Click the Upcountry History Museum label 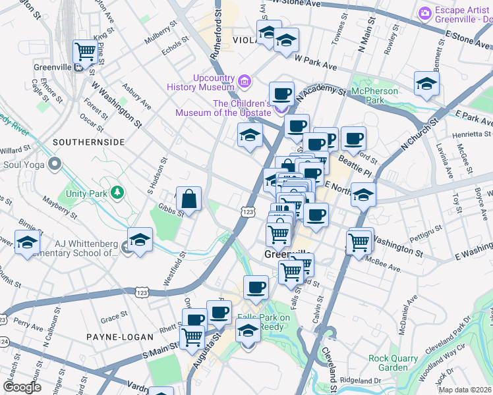tap(204, 82)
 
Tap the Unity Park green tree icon tap(117, 192)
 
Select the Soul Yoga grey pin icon tap(55, 163)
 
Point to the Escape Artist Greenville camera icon tap(425, 12)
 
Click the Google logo tap(22, 387)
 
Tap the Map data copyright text tap(465, 390)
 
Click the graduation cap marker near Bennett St tap(426, 84)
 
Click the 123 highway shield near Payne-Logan tap(141, 291)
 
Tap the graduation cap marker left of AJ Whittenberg tap(27, 242)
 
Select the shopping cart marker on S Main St tap(192, 336)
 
